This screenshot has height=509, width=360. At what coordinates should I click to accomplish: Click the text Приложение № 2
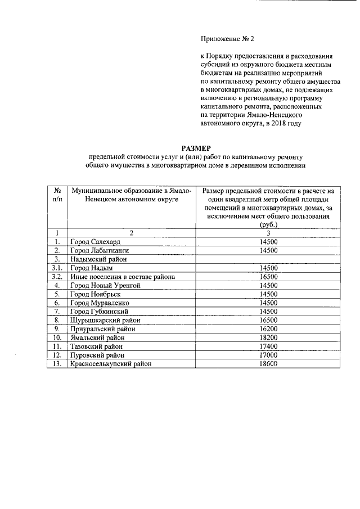pos(228,39)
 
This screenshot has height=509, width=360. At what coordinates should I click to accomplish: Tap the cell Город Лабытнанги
pos(100,250)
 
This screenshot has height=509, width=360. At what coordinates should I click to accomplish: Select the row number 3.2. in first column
pos(56,277)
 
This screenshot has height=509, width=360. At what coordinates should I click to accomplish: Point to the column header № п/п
pos(57,195)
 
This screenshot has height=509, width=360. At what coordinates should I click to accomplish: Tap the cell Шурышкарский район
pos(104,321)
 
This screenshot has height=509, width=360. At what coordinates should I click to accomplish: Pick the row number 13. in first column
pos(57,364)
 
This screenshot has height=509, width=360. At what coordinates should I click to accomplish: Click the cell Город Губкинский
pos(100,312)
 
